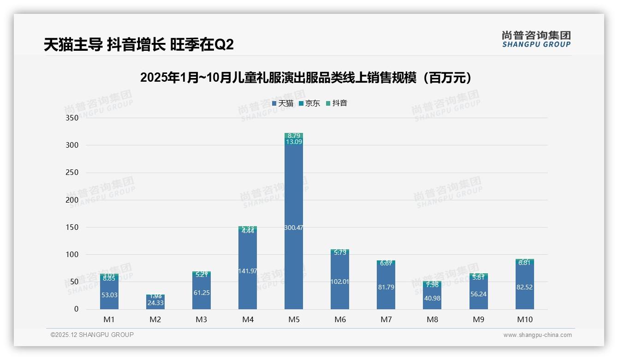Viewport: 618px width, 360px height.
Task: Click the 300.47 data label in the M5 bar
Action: [294, 228]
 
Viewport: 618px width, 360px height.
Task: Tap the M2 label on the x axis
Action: [155, 319]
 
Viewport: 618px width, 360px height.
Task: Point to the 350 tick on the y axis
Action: [72, 118]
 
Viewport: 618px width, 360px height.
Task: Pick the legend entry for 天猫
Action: [283, 103]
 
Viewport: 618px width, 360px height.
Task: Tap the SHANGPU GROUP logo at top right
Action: [536, 39]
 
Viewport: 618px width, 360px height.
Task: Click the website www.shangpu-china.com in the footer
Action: [537, 335]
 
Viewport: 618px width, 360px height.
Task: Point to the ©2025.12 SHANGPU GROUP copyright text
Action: [92, 335]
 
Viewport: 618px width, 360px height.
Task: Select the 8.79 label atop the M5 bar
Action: [294, 136]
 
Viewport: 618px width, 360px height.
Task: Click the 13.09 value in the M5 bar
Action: [294, 142]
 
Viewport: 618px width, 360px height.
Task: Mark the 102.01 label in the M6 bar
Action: [340, 282]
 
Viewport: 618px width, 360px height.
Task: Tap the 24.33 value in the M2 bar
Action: [155, 303]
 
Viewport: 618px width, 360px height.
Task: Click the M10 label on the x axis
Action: [524, 319]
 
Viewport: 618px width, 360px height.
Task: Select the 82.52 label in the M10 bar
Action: [524, 287]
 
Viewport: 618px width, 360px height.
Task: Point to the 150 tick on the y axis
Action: [72, 227]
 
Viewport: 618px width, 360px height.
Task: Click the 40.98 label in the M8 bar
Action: [432, 298]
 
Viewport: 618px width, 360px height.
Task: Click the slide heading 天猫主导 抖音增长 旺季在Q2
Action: [139, 45]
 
